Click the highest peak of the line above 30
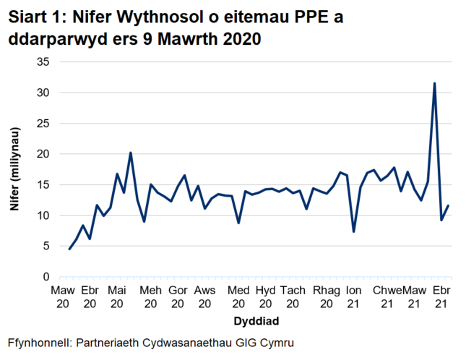click(434, 83)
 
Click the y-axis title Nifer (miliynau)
click(14, 169)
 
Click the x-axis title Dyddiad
click(256, 320)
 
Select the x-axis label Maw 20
click(62, 296)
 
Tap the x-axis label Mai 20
click(117, 296)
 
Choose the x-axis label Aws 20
click(205, 296)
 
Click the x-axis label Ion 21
click(354, 296)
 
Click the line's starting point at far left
click(69, 249)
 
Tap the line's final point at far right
click(449, 206)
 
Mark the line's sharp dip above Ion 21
click(354, 231)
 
